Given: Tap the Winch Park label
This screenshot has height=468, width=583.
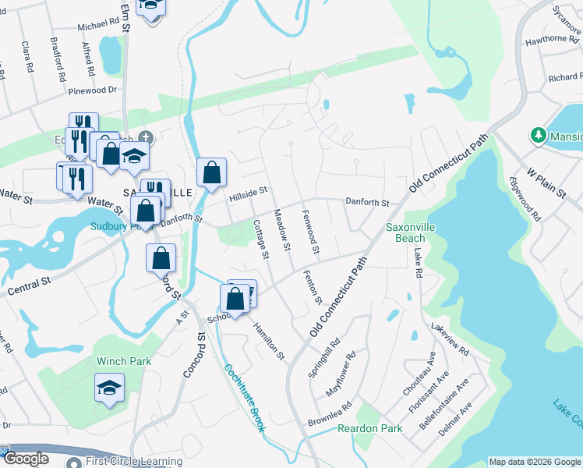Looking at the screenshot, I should pos(124,361).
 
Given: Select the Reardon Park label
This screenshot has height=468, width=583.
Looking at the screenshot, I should pos(369,428).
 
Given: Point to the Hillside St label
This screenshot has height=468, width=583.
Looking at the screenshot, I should pos(248,192).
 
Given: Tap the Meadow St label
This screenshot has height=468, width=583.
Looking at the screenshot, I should pos(281,230).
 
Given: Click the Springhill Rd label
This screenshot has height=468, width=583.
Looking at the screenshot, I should pos(324,357).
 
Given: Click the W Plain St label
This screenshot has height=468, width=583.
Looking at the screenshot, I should pos(544,181).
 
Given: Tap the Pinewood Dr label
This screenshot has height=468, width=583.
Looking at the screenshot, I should pos(92,90).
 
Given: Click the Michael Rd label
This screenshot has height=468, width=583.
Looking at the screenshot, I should pos(97,27).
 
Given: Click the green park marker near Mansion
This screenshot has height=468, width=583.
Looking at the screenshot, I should pos(538,135).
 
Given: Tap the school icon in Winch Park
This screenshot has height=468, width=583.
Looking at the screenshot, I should pos(109,387).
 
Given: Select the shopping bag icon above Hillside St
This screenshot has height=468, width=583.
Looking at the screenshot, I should pos(211,172).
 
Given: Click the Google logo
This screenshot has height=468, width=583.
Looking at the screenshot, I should pos(25,459).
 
